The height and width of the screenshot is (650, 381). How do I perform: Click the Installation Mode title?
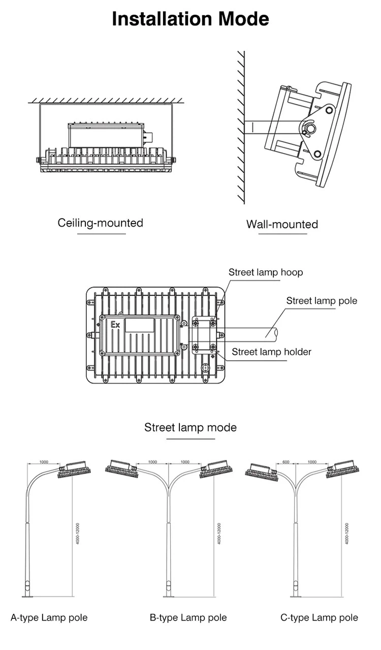(x=190, y=19)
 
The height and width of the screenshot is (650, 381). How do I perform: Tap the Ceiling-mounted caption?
(x=100, y=223)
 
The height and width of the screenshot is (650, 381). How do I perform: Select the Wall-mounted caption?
(x=282, y=224)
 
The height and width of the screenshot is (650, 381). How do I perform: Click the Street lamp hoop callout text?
(x=265, y=272)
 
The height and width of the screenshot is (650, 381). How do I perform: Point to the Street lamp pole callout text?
(x=322, y=300)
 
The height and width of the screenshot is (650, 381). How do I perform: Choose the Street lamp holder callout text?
(x=271, y=352)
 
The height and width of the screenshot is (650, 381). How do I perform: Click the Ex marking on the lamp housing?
(x=115, y=324)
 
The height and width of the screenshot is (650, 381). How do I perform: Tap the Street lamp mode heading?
(x=190, y=427)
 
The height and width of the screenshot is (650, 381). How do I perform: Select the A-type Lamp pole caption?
(x=49, y=617)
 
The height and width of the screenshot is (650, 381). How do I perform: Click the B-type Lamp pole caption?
(x=188, y=617)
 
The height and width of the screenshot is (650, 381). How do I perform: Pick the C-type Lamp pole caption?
(x=319, y=617)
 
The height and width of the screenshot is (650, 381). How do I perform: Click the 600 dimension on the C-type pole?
(x=285, y=462)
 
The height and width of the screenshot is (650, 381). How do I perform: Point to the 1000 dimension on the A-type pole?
(x=44, y=462)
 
